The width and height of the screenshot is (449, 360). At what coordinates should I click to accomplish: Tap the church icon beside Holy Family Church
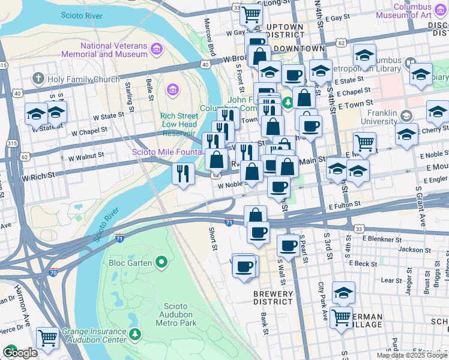click(37, 78)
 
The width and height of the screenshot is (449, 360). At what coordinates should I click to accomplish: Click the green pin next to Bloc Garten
click(161, 262)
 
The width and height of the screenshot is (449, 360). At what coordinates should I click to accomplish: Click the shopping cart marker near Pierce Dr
click(47, 337)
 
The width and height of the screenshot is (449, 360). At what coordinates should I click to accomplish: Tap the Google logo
click(19, 353)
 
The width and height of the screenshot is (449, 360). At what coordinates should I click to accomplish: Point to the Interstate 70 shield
click(54, 272)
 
